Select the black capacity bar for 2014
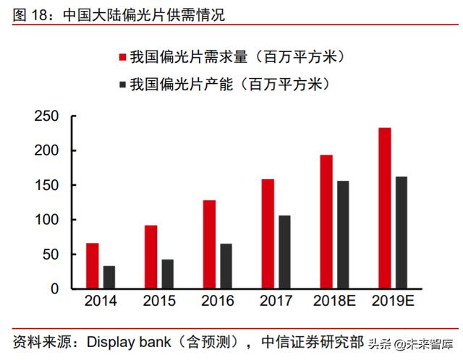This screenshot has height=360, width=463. [x=109, y=278]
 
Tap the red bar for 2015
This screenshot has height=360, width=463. [x=150, y=257]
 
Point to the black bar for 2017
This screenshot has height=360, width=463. [x=285, y=252]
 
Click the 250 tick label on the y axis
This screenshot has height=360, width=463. [x=46, y=116]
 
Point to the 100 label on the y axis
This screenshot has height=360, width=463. [x=46, y=220]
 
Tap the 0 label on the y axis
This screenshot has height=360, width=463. [x=54, y=289]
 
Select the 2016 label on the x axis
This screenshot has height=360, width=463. [x=218, y=301]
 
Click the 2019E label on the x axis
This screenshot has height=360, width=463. [x=394, y=301]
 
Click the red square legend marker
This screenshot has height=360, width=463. [x=123, y=57]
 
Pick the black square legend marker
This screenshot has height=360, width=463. [x=123, y=85]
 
